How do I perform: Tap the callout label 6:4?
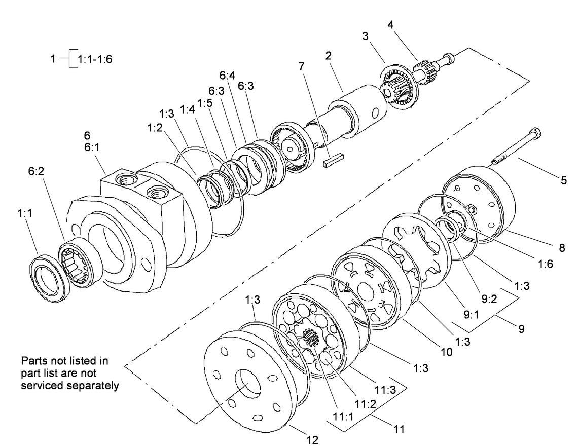pos(227,75)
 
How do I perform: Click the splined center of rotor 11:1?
pos(309,338)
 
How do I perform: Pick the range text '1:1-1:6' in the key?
pos(95,59)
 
